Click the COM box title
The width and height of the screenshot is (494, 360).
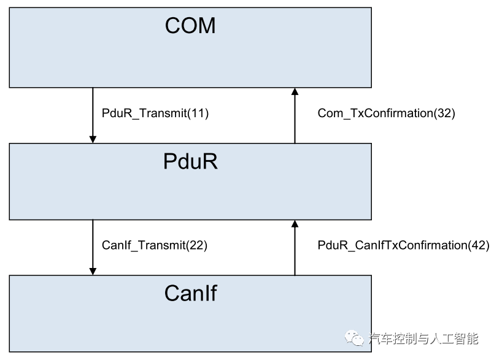point(190,26)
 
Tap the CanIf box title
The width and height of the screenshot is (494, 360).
point(190,293)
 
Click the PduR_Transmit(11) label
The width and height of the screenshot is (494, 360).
point(155,113)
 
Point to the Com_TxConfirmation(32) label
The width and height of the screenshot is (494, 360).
point(386,113)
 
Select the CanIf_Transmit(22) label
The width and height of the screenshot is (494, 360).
point(154,245)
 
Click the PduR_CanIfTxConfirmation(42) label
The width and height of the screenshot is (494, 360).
point(403,245)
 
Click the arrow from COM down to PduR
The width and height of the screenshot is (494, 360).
point(93,113)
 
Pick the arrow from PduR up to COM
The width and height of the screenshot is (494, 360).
point(295,117)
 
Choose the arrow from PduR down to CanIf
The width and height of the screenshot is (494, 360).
point(93,245)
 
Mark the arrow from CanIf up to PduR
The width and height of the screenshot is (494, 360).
point(295,248)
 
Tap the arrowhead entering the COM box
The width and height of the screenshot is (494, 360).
point(295,91)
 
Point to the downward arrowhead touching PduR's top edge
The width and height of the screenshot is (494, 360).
point(93,139)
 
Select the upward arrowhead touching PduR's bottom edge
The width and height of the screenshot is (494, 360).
point(295,224)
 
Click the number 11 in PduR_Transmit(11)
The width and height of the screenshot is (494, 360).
point(198,113)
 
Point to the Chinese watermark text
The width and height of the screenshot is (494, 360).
point(423,338)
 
